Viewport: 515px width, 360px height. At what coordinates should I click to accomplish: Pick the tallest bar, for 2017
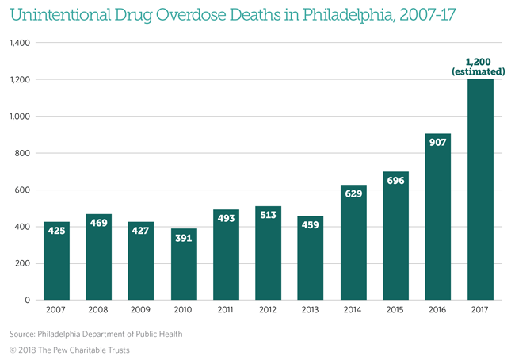click(x=480, y=190)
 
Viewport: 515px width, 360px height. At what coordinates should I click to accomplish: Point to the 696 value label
click(x=395, y=182)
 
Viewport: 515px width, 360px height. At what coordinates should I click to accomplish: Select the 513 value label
click(x=268, y=216)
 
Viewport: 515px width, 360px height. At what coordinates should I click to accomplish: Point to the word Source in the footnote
click(x=25, y=334)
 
